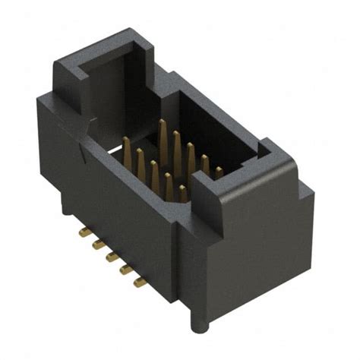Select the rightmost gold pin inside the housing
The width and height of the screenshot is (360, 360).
[x=219, y=172]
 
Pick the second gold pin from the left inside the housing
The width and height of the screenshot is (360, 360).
[x=141, y=160]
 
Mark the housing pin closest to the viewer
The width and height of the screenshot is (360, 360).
[x=183, y=193]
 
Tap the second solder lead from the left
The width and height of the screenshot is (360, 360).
[x=97, y=244]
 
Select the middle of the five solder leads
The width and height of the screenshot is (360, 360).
[x=112, y=257]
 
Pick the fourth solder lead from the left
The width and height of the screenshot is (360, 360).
[x=126, y=270]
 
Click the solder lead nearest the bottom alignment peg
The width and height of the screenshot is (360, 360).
[x=140, y=283]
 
